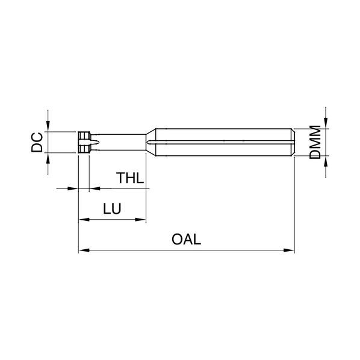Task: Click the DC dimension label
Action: point(37,142)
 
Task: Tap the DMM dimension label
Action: point(315,142)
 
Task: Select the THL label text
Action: point(130,178)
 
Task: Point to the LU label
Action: point(112,209)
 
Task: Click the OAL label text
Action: point(186,239)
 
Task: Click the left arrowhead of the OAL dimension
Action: point(84,250)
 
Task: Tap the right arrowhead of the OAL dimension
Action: point(289,250)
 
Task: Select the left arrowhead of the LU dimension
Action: point(84,220)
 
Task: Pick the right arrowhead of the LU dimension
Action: point(140,220)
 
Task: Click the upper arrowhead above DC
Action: point(48,126)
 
